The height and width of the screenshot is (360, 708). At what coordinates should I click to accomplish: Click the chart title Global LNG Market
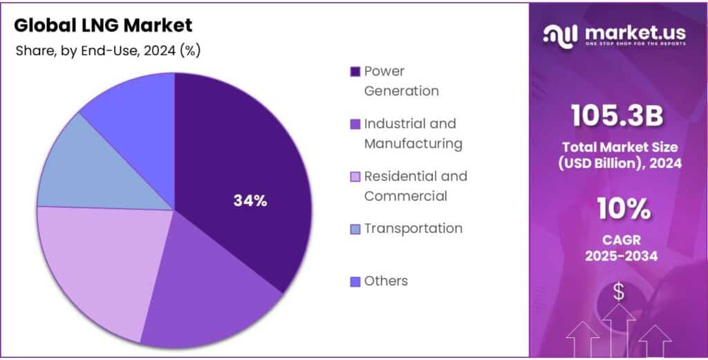[x=103, y=26]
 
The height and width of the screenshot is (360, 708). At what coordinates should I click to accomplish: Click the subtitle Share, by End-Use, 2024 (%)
[x=108, y=50]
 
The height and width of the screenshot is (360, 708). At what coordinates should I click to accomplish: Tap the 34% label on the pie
[x=250, y=201]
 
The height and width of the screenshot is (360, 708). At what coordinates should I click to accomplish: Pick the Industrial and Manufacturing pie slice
[x=207, y=290]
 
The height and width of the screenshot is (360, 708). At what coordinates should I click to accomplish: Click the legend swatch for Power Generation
[x=355, y=72]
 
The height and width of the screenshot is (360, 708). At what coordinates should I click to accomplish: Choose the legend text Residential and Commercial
[x=415, y=186]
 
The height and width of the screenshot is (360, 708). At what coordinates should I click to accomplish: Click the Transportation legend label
[x=413, y=228]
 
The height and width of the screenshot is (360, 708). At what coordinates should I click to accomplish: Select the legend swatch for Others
[x=355, y=281]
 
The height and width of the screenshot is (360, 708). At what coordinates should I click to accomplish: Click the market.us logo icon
[x=561, y=35]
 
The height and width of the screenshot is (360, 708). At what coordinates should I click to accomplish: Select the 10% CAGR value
[x=617, y=207]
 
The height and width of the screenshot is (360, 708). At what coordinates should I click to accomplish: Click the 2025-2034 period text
[x=617, y=256]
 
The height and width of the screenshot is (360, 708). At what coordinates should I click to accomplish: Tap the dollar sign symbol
[x=618, y=293]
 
